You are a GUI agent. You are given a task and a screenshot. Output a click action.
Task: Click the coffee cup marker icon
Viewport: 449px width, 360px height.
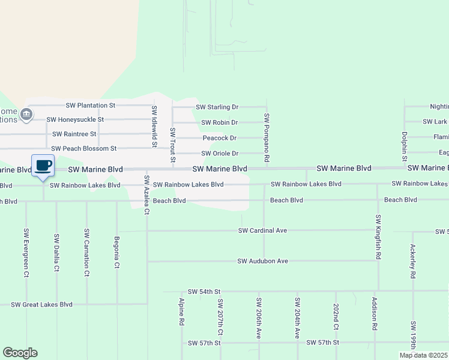(x=43, y=166)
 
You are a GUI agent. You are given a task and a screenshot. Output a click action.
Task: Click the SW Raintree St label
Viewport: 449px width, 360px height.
(x=78, y=134)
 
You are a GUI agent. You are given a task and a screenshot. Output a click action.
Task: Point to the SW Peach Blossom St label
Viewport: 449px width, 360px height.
(x=83, y=148)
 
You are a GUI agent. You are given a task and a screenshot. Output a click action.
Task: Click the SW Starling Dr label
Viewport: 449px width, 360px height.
(x=217, y=107)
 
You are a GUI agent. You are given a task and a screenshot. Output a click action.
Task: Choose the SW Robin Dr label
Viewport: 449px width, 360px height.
(x=220, y=122)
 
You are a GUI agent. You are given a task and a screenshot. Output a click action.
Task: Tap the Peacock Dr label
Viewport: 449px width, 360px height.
(x=220, y=138)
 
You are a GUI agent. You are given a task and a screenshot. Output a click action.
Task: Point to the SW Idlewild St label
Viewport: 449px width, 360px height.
(x=154, y=127)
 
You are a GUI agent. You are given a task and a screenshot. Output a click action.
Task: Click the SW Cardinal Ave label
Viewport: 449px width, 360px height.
(x=263, y=230)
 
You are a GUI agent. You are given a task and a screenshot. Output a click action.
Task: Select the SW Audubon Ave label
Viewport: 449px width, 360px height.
(x=263, y=261)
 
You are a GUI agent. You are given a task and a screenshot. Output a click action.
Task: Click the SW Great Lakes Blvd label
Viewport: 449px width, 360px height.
(x=41, y=305)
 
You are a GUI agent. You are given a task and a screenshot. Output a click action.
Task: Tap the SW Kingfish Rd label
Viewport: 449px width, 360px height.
(x=378, y=237)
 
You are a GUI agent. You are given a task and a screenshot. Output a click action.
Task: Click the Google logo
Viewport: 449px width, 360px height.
(x=20, y=353)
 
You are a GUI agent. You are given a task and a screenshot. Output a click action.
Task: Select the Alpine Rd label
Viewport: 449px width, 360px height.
(x=181, y=312)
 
